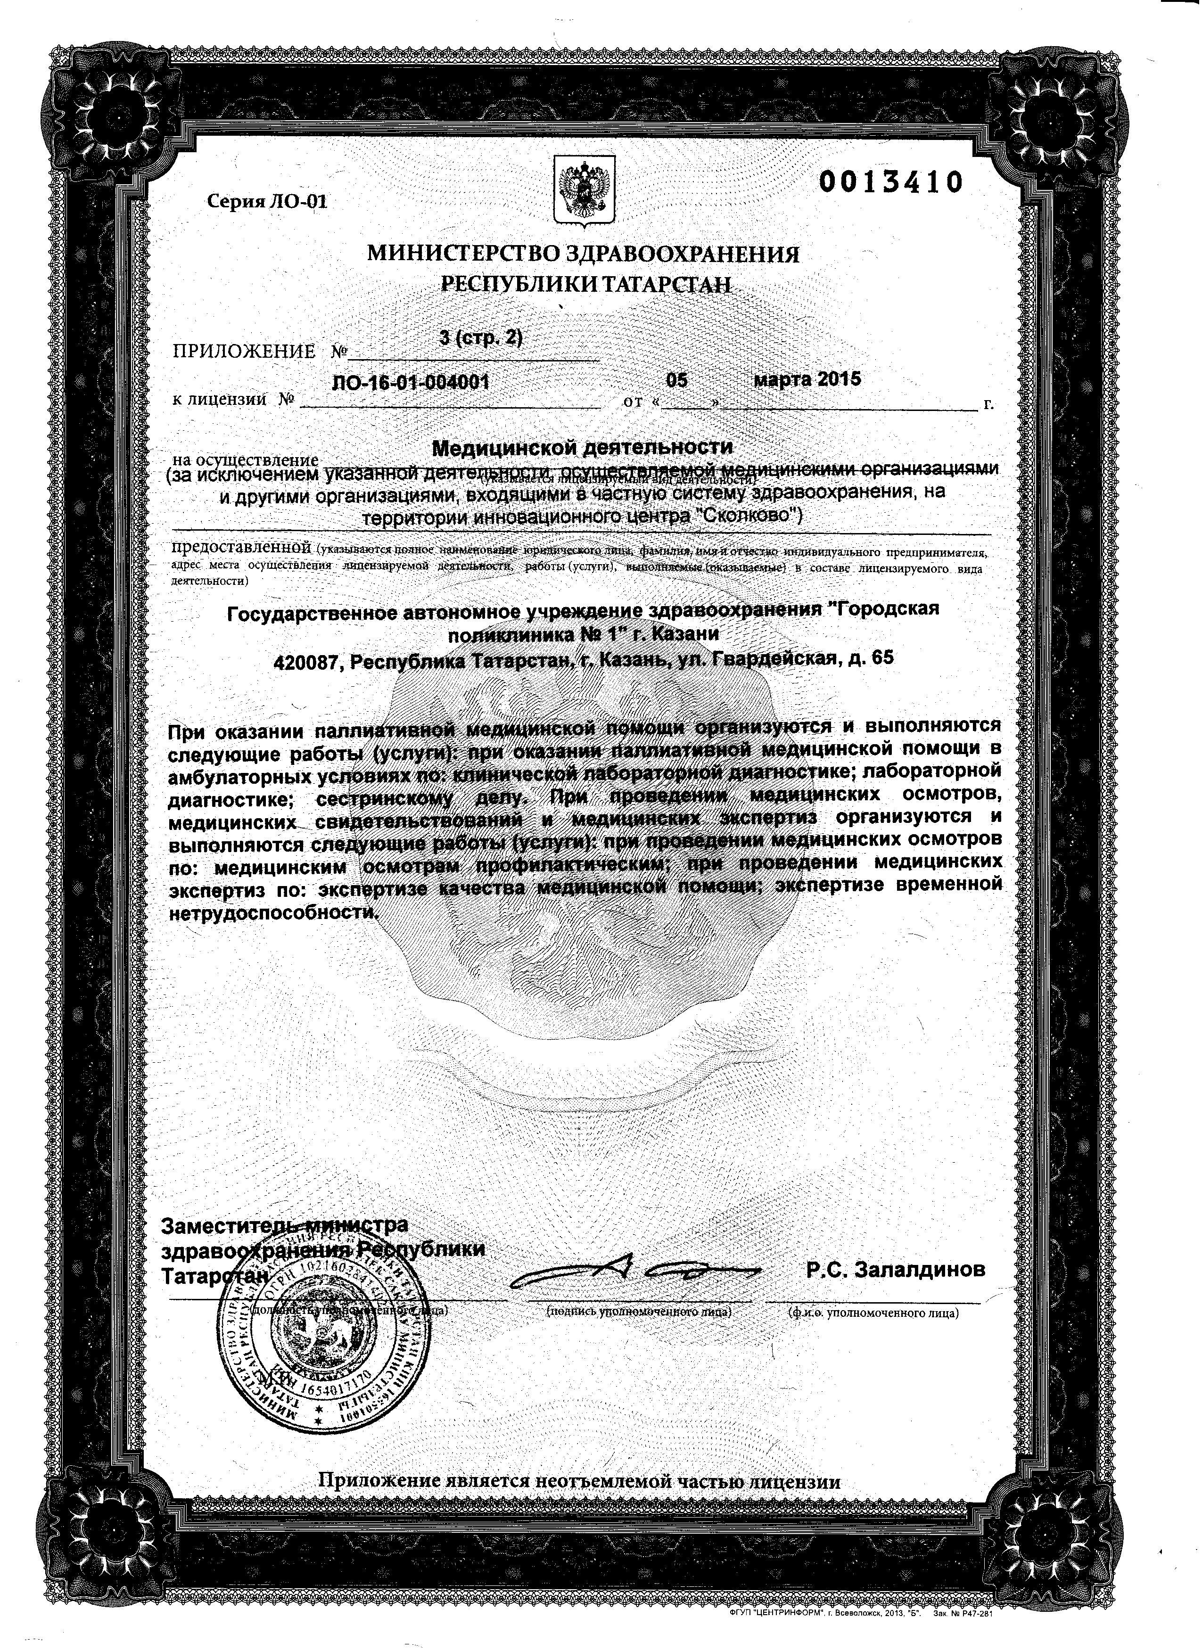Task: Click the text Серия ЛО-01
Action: pos(267,202)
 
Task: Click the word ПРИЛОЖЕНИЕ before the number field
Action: pos(244,352)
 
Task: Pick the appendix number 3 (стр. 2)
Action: pos(481,339)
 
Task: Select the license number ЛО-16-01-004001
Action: pos(410,383)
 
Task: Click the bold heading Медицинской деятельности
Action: pos(583,446)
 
